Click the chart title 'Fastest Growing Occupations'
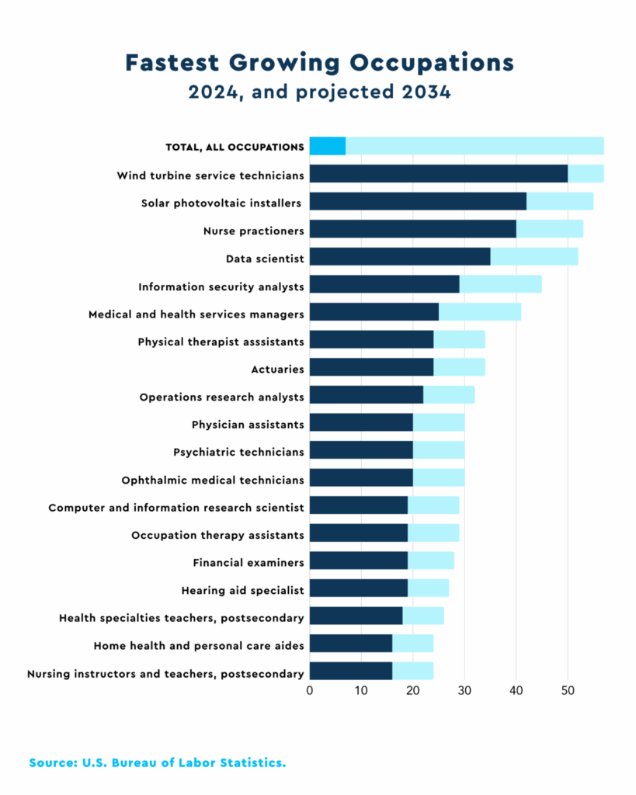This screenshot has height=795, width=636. pos(318,62)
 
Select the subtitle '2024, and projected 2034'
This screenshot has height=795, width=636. pos(318,92)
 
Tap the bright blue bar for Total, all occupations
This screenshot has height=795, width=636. pos(327,145)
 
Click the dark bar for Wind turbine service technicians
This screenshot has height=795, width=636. pos(438,173)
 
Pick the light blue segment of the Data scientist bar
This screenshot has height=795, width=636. pos(533,256)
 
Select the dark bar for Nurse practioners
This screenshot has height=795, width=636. pos(412,228)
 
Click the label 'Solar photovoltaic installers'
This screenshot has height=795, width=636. pos(222,203)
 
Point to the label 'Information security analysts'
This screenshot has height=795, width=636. pos(221,286)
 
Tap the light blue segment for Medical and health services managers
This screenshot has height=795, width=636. pos(479,311)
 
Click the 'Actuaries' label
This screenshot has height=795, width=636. pos(277,370)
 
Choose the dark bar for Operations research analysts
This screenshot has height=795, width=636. pos(366,394)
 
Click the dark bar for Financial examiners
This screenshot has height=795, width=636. pos(358,561)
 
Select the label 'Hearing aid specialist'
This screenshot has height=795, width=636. pos(242,590)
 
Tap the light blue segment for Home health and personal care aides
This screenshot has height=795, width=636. pos(412,644)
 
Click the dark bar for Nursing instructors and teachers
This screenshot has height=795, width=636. pos(350,671)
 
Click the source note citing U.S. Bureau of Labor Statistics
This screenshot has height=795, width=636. pos(158,763)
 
